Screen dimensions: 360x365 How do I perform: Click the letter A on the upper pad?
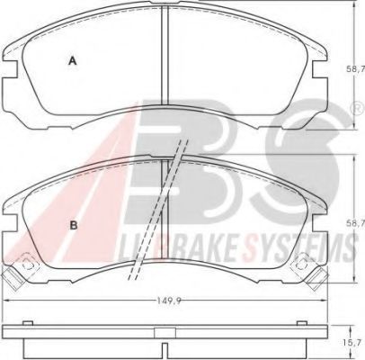[73, 60]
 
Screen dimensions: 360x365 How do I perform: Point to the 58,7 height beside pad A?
[355, 68]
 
